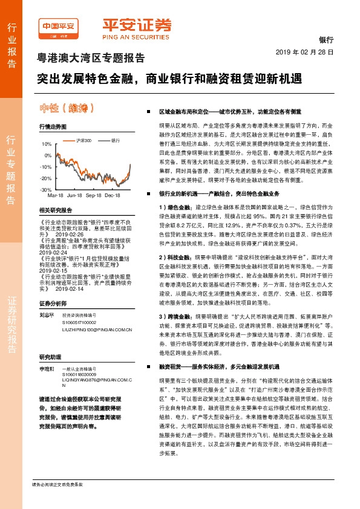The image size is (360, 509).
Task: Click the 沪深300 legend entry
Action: [83, 140]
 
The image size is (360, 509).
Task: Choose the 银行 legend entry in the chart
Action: [114, 140]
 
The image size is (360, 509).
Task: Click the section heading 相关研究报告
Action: [55, 210]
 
